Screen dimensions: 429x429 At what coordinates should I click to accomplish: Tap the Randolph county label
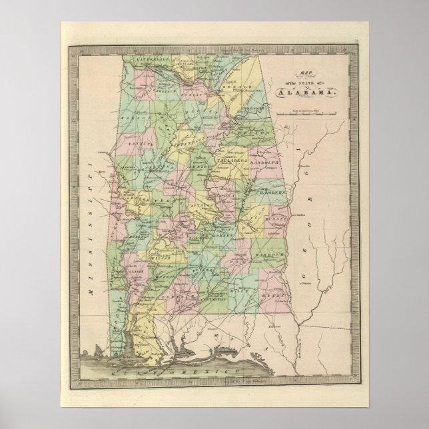click(x=280, y=160)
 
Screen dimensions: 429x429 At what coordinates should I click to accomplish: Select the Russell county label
click(x=278, y=217)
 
